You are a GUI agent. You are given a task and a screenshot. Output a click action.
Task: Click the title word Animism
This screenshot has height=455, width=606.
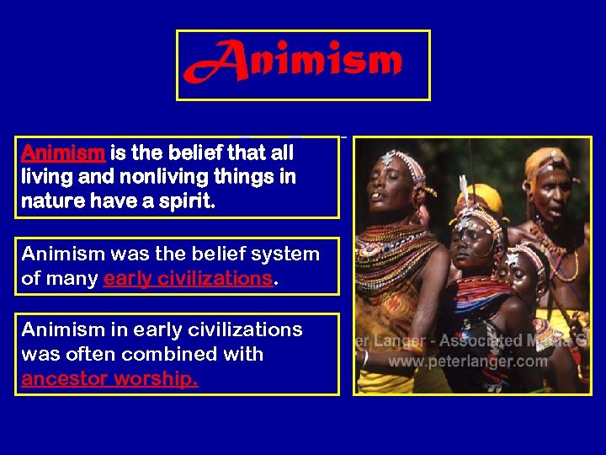pyautogui.click(x=294, y=62)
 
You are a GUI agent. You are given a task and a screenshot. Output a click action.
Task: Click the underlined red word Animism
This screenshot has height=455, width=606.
pyautogui.click(x=62, y=153)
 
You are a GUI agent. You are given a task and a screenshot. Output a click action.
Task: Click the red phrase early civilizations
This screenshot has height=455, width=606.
pyautogui.click(x=188, y=279)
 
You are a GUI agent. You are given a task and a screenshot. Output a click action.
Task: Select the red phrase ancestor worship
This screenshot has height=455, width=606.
pyautogui.click(x=109, y=379)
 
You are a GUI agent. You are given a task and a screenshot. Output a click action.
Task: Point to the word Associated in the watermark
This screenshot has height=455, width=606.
pyautogui.click(x=481, y=342)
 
